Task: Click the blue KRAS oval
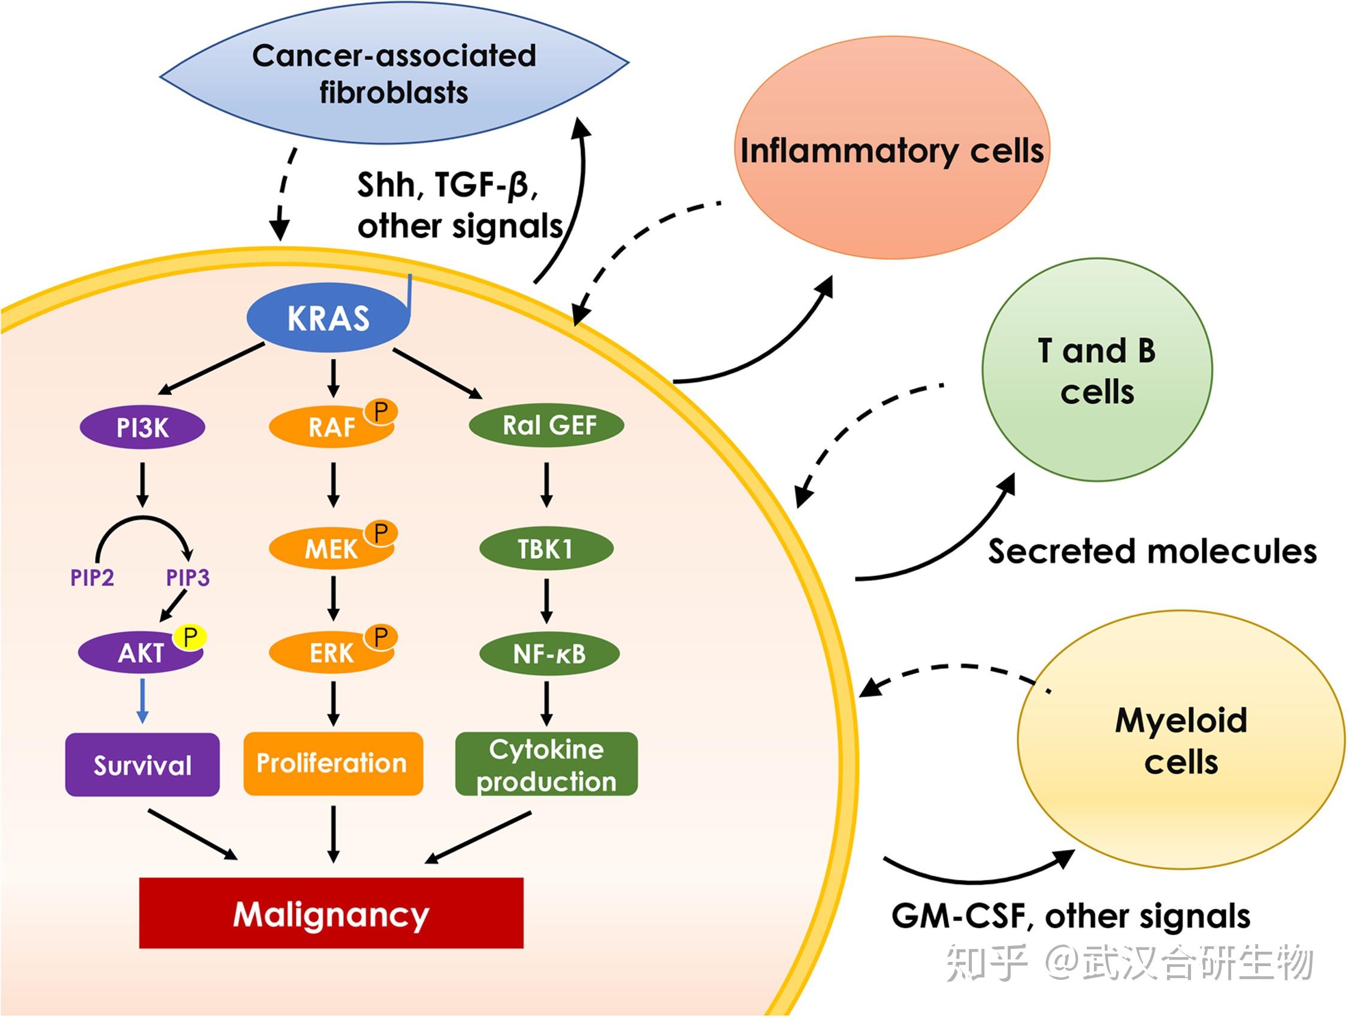pos(328,318)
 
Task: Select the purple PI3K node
pos(143,427)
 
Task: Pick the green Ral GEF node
pos(546,425)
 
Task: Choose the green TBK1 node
pos(546,549)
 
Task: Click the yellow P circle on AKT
pos(189,637)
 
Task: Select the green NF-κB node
pos(549,654)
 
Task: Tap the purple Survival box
pos(142,765)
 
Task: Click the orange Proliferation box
pos(333,763)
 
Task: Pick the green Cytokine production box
pos(546,764)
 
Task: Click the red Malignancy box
pos(331,913)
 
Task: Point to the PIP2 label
pos(92,577)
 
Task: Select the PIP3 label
pos(188,577)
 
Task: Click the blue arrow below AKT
pos(142,701)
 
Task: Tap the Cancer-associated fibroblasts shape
pos(394,74)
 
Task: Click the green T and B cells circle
pos(1096,370)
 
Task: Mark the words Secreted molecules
pos(1151,552)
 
